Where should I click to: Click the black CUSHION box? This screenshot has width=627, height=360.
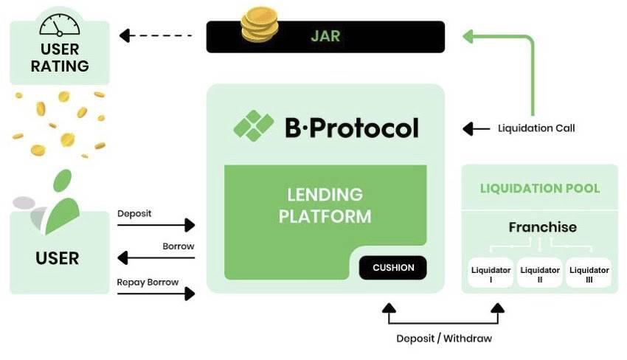click(x=392, y=267)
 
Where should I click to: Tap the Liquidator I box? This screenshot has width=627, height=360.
click(x=491, y=274)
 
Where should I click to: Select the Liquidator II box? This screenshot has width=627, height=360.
click(x=540, y=274)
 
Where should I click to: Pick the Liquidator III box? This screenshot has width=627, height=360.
click(x=589, y=274)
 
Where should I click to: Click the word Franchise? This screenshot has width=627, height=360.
click(x=542, y=227)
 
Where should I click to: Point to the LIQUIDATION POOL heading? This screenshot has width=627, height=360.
click(x=540, y=188)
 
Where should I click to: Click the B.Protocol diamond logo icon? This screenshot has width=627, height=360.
click(x=254, y=126)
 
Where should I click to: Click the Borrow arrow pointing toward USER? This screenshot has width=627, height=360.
click(x=156, y=257)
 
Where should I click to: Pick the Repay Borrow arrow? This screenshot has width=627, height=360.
click(x=156, y=293)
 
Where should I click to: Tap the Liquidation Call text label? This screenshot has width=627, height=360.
click(x=536, y=128)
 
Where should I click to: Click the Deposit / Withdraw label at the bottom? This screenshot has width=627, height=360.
click(x=444, y=339)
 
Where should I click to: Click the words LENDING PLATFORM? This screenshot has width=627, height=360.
click(x=325, y=206)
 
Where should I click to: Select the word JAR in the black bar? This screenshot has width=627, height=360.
click(x=325, y=35)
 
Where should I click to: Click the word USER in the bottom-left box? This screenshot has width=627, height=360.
click(x=58, y=258)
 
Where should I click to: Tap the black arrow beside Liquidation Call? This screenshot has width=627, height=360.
click(x=476, y=128)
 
